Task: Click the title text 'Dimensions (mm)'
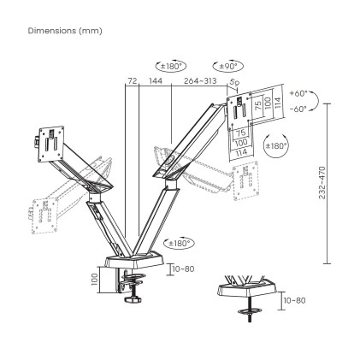[x=64, y=31]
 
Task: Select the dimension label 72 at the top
[x=132, y=80]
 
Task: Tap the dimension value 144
[x=156, y=80]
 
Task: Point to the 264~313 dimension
[x=199, y=80]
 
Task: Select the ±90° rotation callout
[x=227, y=65]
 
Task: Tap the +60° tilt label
[x=298, y=92]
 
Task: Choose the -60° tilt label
[x=298, y=109]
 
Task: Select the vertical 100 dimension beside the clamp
[x=95, y=279]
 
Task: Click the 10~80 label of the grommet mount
[x=293, y=299]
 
